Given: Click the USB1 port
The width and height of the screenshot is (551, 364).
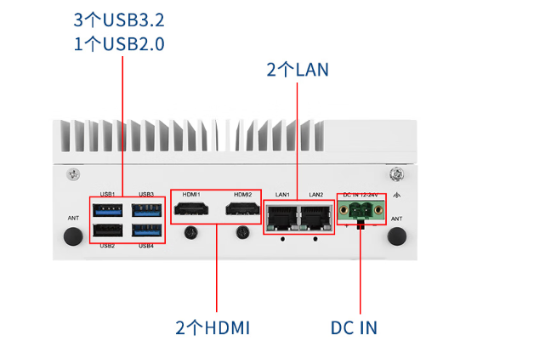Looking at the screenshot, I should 108,210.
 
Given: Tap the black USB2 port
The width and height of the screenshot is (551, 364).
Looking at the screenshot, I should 108,232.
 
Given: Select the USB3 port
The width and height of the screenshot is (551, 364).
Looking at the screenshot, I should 146,210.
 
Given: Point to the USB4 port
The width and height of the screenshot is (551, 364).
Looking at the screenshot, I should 146,232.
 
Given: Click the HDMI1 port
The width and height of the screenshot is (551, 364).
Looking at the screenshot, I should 190,210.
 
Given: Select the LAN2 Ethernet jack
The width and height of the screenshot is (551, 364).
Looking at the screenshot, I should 315,218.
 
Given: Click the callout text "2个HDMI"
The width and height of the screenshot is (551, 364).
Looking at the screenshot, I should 213,327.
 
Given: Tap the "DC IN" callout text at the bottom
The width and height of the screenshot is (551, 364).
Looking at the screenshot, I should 354,327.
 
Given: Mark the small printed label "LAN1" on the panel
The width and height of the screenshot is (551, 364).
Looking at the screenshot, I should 283,195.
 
